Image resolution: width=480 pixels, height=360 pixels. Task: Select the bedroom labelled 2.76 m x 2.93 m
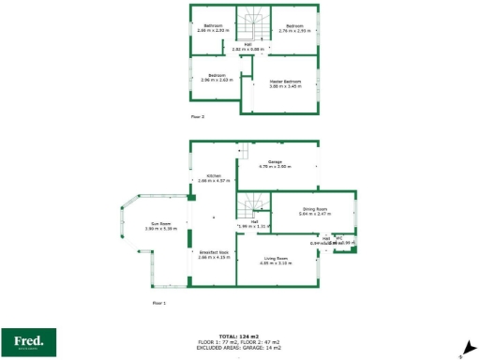pyautogui.click(x=295, y=28)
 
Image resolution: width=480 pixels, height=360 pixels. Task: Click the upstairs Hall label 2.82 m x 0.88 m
pyautogui.click(x=249, y=46)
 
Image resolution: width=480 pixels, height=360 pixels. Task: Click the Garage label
pyautogui.click(x=276, y=165)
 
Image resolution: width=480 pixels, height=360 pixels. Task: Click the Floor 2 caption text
pyautogui.click(x=197, y=117)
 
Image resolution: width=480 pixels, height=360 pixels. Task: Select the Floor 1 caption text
pyautogui.click(x=158, y=304)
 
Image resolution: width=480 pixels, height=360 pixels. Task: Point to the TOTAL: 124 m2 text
pyautogui.click(x=240, y=336)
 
